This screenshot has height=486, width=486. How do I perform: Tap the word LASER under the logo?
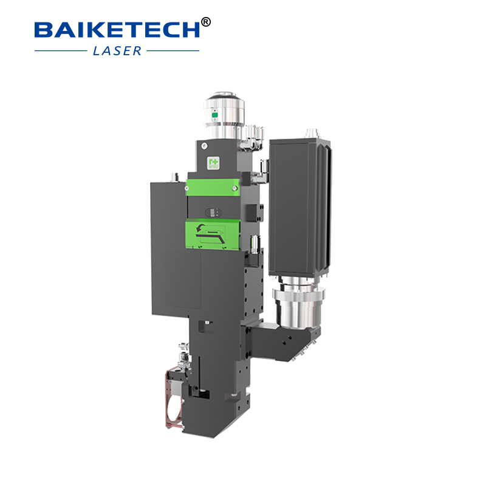[117, 50]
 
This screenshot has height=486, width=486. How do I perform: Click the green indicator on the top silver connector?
[213, 114]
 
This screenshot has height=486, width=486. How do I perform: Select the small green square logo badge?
[213, 163]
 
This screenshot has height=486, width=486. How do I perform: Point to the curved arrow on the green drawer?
[200, 228]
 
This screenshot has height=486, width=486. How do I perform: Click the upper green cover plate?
[210, 187]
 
